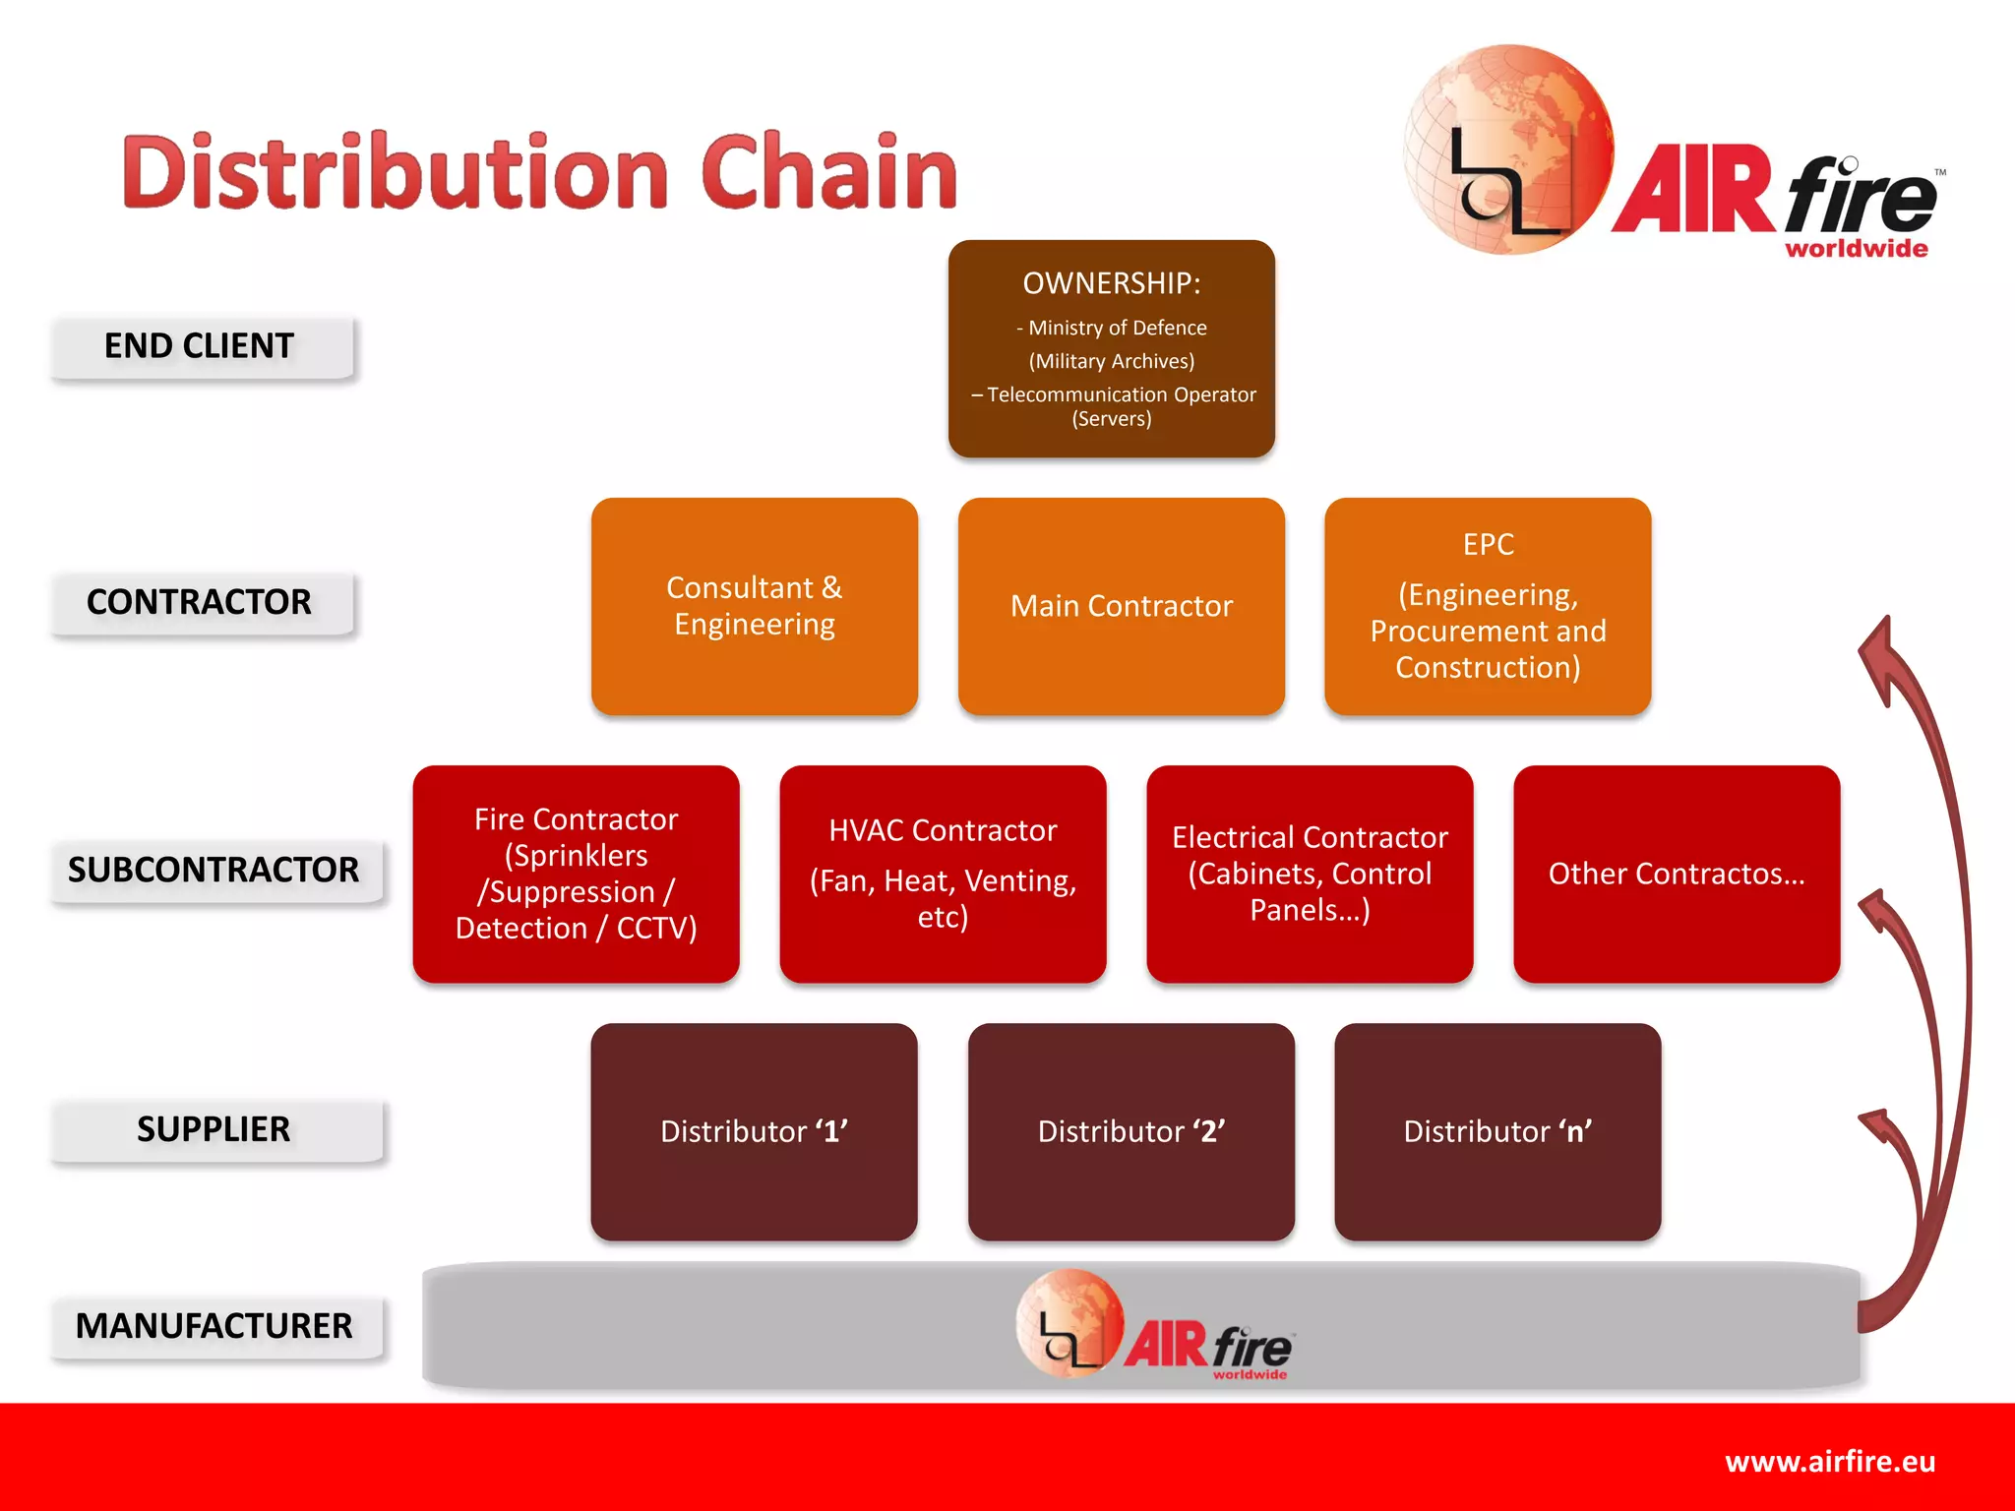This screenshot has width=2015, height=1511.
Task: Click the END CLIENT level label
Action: click(200, 346)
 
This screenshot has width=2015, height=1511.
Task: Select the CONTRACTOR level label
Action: click(200, 602)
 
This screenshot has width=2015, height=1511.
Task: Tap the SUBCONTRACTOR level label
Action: click(214, 871)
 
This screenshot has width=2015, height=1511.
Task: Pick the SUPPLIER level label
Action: click(214, 1129)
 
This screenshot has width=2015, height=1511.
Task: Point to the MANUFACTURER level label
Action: click(214, 1326)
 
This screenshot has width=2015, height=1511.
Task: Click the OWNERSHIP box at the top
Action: click(1112, 349)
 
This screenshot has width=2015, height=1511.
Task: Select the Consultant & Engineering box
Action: click(755, 606)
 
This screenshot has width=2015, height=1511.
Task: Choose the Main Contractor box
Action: click(1122, 606)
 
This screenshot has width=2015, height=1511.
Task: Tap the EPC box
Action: click(1488, 606)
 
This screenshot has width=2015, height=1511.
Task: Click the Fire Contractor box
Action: click(577, 874)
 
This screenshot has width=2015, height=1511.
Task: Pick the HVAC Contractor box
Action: click(943, 874)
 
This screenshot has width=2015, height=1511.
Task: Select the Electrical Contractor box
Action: click(1310, 874)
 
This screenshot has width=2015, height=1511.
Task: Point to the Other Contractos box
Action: click(1677, 874)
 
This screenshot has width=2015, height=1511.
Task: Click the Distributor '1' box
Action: click(755, 1131)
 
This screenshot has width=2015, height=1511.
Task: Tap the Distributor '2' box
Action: click(1131, 1131)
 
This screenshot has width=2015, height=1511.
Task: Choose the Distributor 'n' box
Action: click(1497, 1131)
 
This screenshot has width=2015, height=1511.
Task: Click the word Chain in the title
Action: click(828, 173)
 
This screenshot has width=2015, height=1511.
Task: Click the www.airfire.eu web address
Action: click(1830, 1462)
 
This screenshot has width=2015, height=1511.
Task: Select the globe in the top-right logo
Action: click(1507, 150)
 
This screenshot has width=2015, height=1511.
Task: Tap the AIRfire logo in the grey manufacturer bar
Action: click(1156, 1326)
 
